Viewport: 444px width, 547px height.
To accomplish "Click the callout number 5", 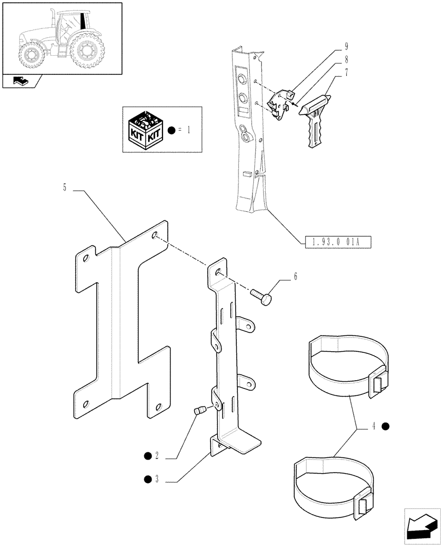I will point(65,188).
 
